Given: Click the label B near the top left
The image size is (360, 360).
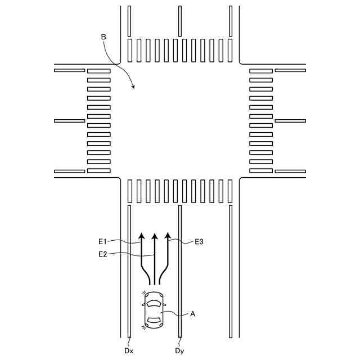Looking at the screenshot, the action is click(103, 37).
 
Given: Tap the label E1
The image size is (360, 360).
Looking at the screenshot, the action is click(103, 241).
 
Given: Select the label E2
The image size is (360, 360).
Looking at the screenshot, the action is click(103, 254).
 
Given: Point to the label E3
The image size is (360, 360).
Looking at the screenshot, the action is click(199, 241).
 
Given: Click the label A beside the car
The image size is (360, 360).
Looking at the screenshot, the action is click(192, 314).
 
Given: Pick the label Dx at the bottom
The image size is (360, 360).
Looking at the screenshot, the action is click(129, 350).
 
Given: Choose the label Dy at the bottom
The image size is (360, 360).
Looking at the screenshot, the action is click(179, 350).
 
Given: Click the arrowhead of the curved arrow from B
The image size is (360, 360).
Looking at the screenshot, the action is click(133, 86).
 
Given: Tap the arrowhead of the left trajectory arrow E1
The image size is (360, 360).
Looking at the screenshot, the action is click(141, 236).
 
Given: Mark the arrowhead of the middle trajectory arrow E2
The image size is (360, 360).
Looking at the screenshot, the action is click(155, 236).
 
